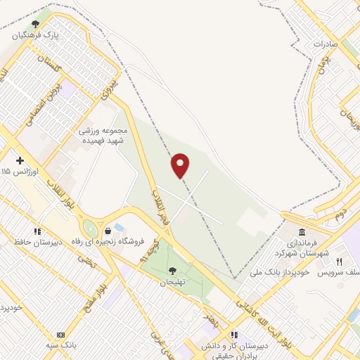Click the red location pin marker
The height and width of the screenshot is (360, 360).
click(181, 165)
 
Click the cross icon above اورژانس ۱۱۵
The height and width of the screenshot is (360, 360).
click(20, 160)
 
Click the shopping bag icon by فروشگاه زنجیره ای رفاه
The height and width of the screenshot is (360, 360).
click(108, 230)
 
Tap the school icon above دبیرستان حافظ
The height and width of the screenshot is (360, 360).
click(37, 231)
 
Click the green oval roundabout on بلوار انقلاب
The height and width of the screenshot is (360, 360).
click(90, 229)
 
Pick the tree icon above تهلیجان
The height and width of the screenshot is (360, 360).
click(172, 271)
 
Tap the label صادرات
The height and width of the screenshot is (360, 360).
click(326, 44)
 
